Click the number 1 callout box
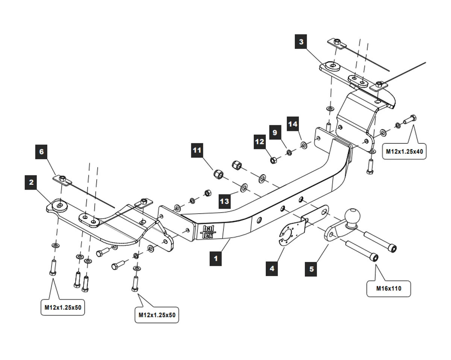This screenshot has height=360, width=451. click(216, 259)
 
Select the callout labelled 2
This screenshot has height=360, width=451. click(31, 183)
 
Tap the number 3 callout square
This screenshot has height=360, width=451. click(301, 42)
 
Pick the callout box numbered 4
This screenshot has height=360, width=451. click(272, 269)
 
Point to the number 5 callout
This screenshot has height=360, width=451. click(312, 269)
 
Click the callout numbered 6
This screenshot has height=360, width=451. click(41, 152)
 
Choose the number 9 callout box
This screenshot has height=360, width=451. click(275, 132)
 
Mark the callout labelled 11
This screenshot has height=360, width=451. click(197, 150)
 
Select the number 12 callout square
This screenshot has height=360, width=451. click(260, 141)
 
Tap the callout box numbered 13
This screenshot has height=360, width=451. click(224, 202)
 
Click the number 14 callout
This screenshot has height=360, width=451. click(293, 124)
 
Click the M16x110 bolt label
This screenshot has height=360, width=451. click(389, 289)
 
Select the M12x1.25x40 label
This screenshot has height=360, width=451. click(404, 151)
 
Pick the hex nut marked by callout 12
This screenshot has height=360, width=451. click(274, 160)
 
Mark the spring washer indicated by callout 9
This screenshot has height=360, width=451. click(289, 152)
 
